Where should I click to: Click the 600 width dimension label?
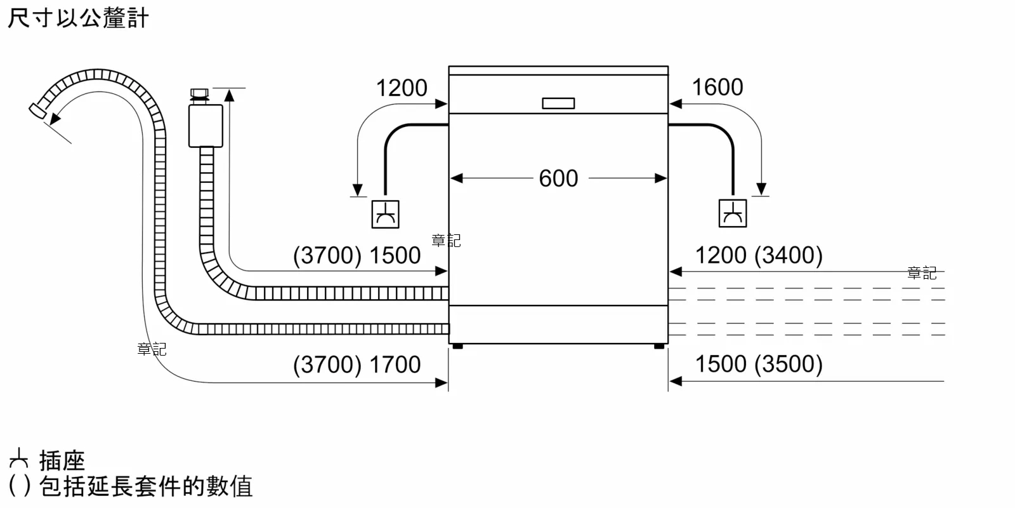[558, 178]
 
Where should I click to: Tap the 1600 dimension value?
[717, 88]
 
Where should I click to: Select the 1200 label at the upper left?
[402, 88]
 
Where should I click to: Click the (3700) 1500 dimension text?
[357, 255]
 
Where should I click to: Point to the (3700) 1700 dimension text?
[357, 364]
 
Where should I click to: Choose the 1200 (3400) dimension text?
[759, 255]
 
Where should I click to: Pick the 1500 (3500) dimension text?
[759, 364]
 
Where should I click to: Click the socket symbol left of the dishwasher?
[385, 214]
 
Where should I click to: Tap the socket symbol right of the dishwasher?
[733, 213]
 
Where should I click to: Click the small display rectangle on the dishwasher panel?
[558, 104]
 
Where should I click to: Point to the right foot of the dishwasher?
[659, 346]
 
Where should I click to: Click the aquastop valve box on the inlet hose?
[206, 126]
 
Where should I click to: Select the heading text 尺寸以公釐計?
[78, 18]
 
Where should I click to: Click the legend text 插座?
[62, 460]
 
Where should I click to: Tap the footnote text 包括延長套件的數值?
[146, 487]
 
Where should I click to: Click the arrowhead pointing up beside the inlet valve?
[229, 95]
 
